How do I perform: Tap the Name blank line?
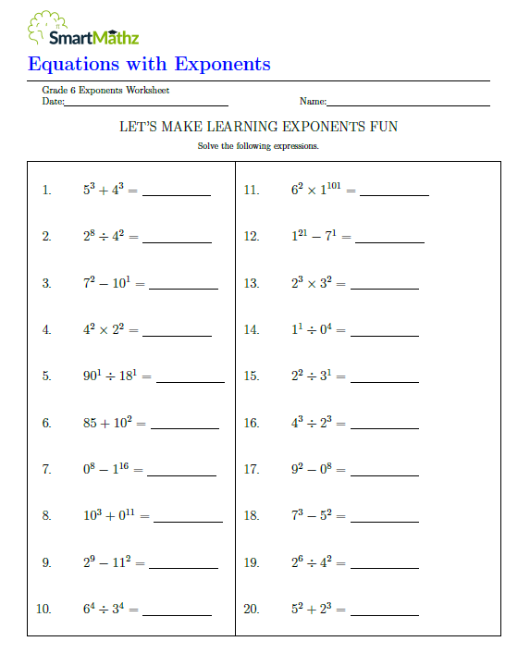pyautogui.click(x=408, y=105)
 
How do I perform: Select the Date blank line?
pyautogui.click(x=146, y=105)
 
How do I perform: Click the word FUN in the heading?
pyautogui.click(x=384, y=126)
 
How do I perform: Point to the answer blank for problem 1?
pyautogui.click(x=176, y=194)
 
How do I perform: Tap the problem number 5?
pyautogui.click(x=46, y=376)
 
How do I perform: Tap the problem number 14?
pyautogui.click(x=252, y=330)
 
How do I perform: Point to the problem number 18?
pyautogui.click(x=252, y=516)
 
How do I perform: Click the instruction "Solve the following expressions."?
pyautogui.click(x=258, y=146)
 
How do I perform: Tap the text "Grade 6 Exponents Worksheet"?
pyautogui.click(x=105, y=90)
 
